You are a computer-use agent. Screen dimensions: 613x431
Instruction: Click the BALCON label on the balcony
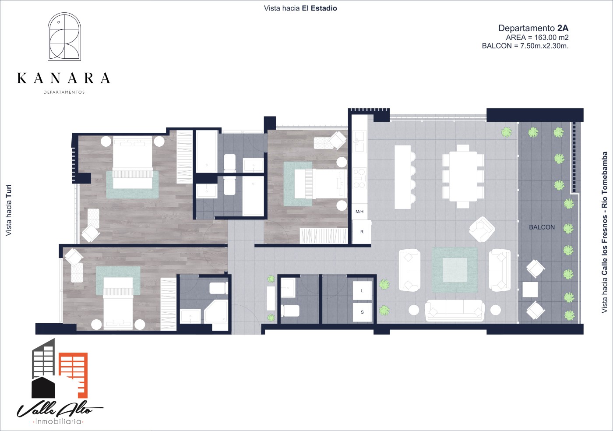click(x=542, y=227)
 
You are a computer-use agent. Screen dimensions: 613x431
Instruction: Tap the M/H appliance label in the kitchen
click(x=359, y=212)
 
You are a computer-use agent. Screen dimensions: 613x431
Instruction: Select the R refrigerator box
click(x=362, y=232)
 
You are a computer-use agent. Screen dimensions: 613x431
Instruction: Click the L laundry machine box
click(x=362, y=290)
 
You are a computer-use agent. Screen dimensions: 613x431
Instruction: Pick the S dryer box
click(x=362, y=312)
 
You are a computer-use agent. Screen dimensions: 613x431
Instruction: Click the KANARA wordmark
click(x=64, y=78)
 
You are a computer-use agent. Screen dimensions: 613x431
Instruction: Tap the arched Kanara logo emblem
click(x=64, y=36)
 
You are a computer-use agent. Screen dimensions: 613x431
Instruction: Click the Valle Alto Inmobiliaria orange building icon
click(x=74, y=375)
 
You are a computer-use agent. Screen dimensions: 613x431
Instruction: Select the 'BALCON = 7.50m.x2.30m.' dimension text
click(x=525, y=46)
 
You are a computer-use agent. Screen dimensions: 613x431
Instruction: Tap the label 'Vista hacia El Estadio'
click(x=300, y=8)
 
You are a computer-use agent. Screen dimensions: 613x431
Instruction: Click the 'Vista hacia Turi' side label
click(x=8, y=210)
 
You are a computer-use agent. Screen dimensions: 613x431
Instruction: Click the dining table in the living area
click(x=463, y=177)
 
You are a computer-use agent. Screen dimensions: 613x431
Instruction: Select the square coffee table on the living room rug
click(x=455, y=270)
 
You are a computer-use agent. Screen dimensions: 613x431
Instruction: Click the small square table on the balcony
click(x=530, y=290)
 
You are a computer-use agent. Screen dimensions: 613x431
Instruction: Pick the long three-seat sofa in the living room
click(x=454, y=310)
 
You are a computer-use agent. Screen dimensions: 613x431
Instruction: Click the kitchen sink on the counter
click(x=359, y=141)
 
